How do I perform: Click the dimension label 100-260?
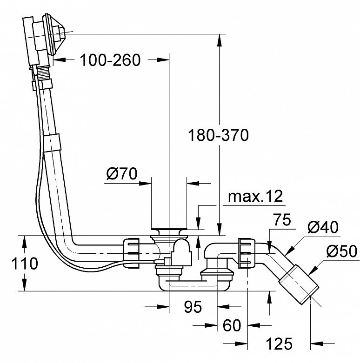pyautogui.click(x=110, y=60)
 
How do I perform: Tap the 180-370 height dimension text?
pyautogui.click(x=218, y=135)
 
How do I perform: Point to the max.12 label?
pyautogui.click(x=255, y=196)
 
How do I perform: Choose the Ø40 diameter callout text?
pyautogui.click(x=323, y=227)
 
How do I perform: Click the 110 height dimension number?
pyautogui.click(x=25, y=264)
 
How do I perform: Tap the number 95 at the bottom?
pyautogui.click(x=193, y=307)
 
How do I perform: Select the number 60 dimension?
pyautogui.click(x=232, y=325)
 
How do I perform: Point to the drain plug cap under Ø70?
pyautogui.click(x=169, y=229)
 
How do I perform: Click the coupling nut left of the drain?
pyautogui.click(x=131, y=253)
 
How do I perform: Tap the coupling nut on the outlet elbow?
pyautogui.click(x=247, y=253)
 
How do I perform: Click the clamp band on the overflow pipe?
pyautogui.click(x=52, y=143)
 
